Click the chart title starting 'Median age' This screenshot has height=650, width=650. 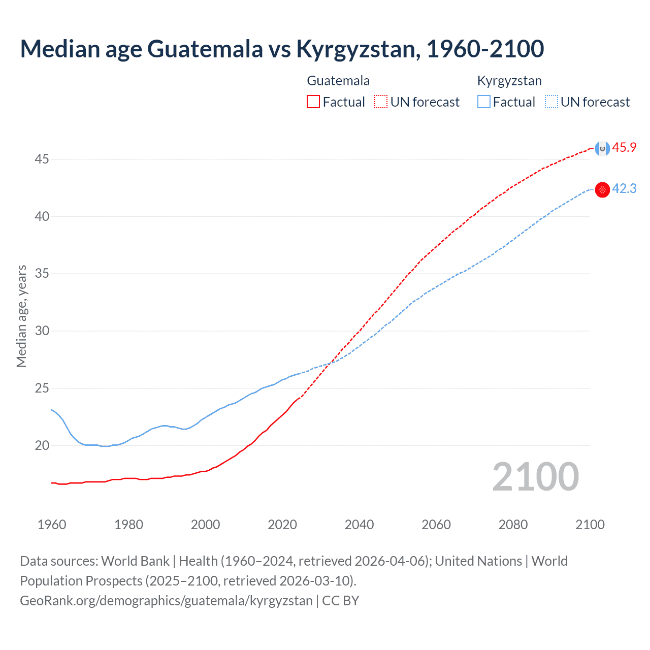point(282,49)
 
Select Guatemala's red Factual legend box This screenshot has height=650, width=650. point(313,102)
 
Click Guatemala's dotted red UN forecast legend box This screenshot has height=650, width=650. point(381,102)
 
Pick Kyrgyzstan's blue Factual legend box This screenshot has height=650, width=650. point(484,102)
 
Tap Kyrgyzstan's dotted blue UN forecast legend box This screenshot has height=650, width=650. point(551,102)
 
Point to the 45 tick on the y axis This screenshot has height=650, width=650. point(42,159)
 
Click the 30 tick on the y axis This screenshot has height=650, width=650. point(42,331)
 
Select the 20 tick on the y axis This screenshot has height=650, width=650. point(42,446)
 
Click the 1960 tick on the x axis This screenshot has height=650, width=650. point(52,525)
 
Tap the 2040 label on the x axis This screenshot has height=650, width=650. point(359,525)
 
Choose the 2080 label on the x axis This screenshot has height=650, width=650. point(513,525)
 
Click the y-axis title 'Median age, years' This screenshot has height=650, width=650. point(21,316)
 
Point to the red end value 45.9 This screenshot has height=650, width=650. point(624,148)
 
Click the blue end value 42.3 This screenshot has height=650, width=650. point(624,189)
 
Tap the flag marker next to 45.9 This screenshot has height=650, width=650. point(602,149)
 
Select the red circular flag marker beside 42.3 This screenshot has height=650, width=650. point(602,190)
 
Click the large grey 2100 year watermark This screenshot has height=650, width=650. point(535,476)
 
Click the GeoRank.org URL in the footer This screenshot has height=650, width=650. point(166,601)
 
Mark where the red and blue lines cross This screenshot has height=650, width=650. point(331,363)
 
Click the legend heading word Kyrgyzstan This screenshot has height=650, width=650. point(509,81)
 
